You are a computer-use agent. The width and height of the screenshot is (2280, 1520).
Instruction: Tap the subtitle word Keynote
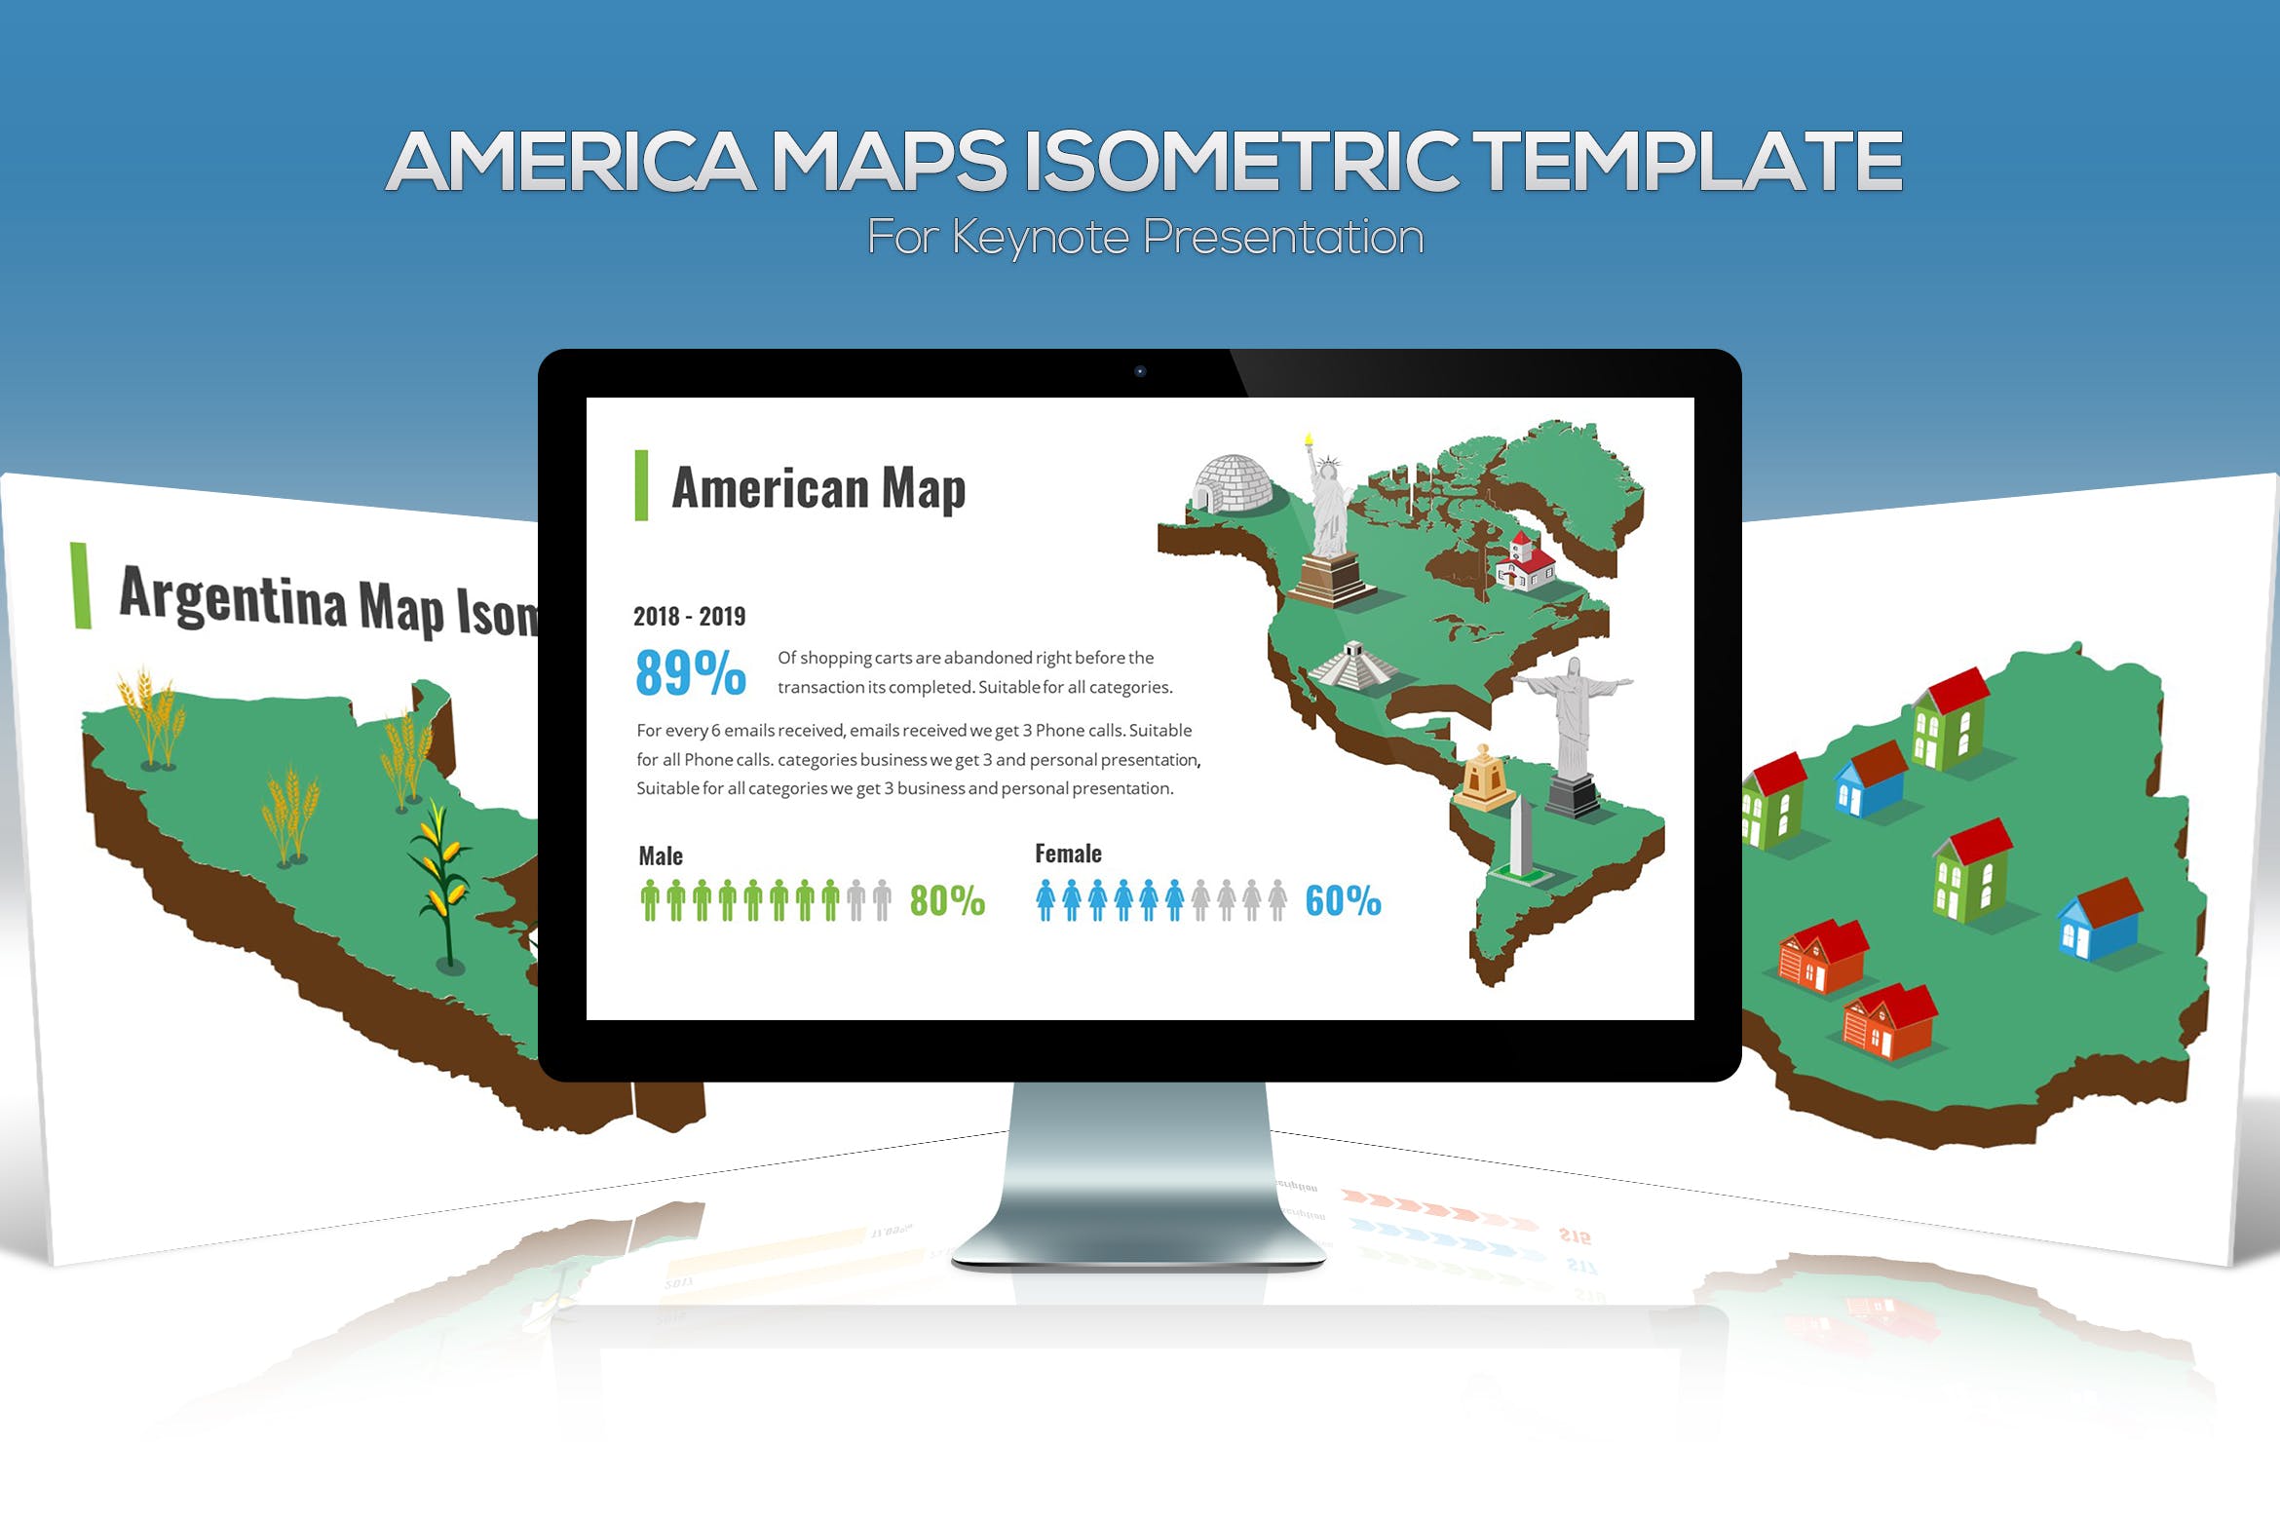tap(1040, 238)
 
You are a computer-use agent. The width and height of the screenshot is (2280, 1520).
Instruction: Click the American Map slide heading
tap(818, 487)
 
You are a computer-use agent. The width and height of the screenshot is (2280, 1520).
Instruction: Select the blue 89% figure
tap(690, 672)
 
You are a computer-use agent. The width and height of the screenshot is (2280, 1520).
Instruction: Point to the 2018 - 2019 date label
tap(689, 617)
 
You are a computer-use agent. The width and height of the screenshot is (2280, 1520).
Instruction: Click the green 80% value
tap(947, 900)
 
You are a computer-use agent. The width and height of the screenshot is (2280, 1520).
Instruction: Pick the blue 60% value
tap(1343, 900)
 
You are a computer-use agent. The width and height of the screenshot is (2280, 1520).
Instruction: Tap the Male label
tap(661, 856)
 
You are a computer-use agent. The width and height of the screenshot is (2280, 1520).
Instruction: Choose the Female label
tap(1068, 855)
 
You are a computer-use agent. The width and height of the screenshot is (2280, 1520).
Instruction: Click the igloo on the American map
tap(1232, 483)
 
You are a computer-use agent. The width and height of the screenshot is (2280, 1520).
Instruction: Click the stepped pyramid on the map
tap(1354, 665)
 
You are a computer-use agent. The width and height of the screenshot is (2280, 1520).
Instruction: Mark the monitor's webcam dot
tap(1140, 371)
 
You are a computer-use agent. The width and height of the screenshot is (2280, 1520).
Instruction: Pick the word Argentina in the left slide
tap(232, 595)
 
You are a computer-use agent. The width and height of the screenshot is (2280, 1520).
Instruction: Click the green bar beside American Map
tap(641, 485)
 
